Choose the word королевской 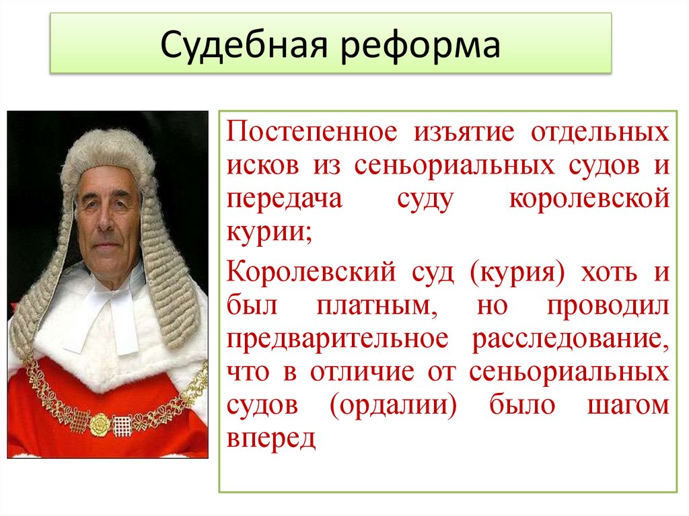[x=589, y=200]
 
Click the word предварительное [x=336, y=339]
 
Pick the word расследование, [x=569, y=339]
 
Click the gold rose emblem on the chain [x=98, y=423]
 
